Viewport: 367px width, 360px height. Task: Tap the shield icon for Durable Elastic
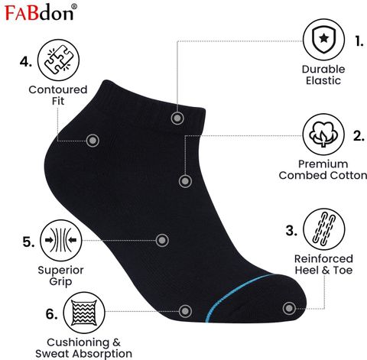click(323, 40)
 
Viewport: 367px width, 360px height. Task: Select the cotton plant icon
click(323, 135)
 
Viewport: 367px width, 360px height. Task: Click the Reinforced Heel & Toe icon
click(324, 229)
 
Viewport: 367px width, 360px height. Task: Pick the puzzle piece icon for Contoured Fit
click(58, 60)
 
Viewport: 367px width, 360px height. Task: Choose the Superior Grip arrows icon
click(61, 241)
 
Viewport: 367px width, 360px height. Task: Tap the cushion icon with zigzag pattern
click(84, 313)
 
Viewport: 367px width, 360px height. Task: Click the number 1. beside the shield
click(359, 41)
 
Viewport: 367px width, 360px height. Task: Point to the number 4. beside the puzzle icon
click(26, 62)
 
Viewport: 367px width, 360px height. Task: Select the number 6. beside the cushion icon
click(51, 314)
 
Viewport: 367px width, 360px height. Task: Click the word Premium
click(323, 164)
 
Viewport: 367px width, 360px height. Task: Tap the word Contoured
click(58, 89)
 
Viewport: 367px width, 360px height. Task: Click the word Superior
click(60, 270)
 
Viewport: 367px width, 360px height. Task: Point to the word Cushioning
click(78, 342)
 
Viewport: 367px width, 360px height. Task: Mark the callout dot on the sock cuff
click(177, 118)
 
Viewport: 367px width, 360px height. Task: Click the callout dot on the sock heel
click(93, 141)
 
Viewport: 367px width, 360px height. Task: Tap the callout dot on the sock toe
click(289, 309)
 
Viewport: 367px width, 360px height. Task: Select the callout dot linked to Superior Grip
click(162, 240)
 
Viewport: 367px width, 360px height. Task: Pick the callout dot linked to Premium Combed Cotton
click(185, 181)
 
